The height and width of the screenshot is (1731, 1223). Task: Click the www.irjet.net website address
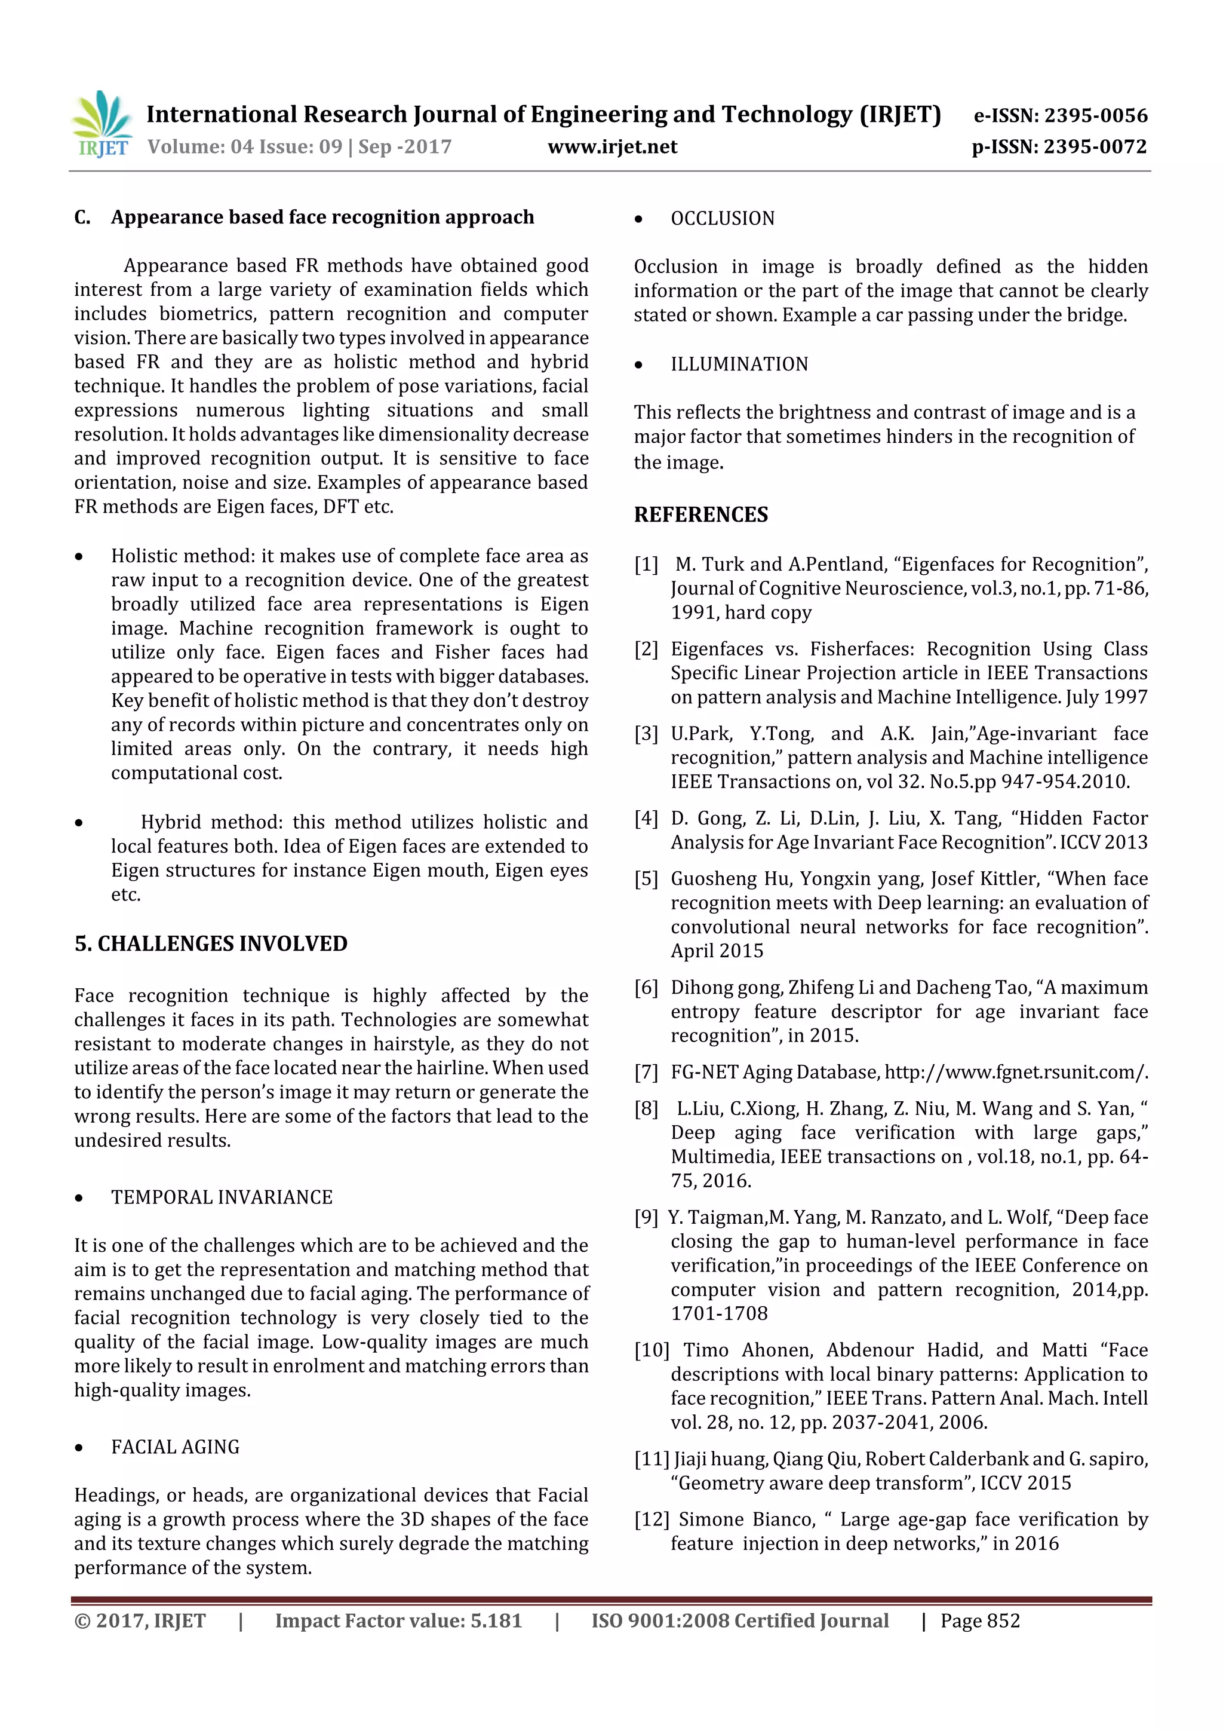tap(612, 147)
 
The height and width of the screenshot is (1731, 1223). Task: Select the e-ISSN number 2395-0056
tap(1095, 115)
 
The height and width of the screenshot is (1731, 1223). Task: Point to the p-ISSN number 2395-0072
tap(1095, 147)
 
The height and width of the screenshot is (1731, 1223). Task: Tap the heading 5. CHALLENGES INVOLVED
tap(211, 944)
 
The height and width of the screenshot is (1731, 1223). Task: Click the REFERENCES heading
tap(701, 515)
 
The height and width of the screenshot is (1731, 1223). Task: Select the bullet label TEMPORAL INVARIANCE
tap(222, 1197)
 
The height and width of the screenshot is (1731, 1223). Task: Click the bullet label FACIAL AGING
tap(175, 1447)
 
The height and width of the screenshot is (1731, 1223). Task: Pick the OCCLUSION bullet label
tap(722, 219)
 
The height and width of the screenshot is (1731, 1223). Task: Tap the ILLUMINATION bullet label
tap(739, 364)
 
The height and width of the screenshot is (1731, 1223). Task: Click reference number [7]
tap(646, 1072)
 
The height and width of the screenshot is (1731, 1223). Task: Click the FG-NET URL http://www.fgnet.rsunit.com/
tap(1016, 1072)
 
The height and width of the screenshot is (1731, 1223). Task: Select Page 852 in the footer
tap(979, 1621)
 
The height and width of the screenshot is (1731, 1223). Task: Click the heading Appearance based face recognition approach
tap(322, 217)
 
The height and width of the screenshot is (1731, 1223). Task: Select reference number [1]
tap(646, 565)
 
